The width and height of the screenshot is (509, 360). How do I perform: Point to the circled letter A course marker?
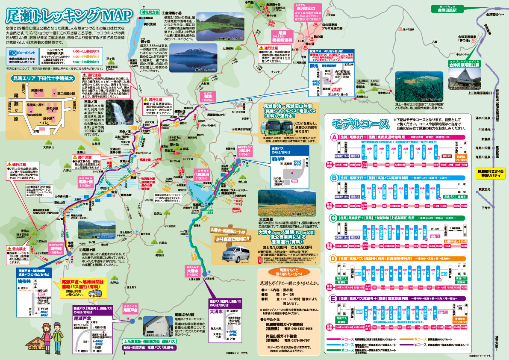(x=334, y=138)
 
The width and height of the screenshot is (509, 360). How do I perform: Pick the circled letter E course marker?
(x=334, y=298)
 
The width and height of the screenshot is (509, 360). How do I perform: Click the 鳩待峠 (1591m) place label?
(x=56, y=250)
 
